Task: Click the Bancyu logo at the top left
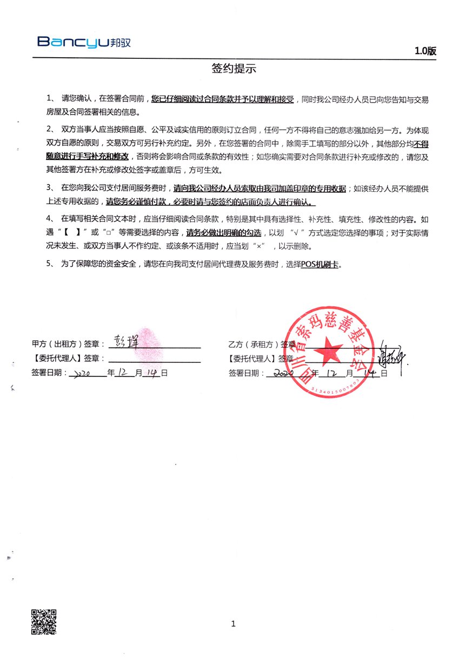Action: [84, 42]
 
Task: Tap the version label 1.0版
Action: [425, 51]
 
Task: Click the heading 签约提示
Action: [233, 69]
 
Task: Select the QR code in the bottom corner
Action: [44, 622]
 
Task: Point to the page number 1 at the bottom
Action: [233, 624]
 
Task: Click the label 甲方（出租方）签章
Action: [68, 344]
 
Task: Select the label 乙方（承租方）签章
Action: [262, 344]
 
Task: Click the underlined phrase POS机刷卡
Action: [321, 264]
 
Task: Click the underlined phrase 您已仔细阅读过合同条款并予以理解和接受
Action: [222, 99]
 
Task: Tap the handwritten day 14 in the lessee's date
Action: [371, 373]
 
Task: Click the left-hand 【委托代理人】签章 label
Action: [68, 358]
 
